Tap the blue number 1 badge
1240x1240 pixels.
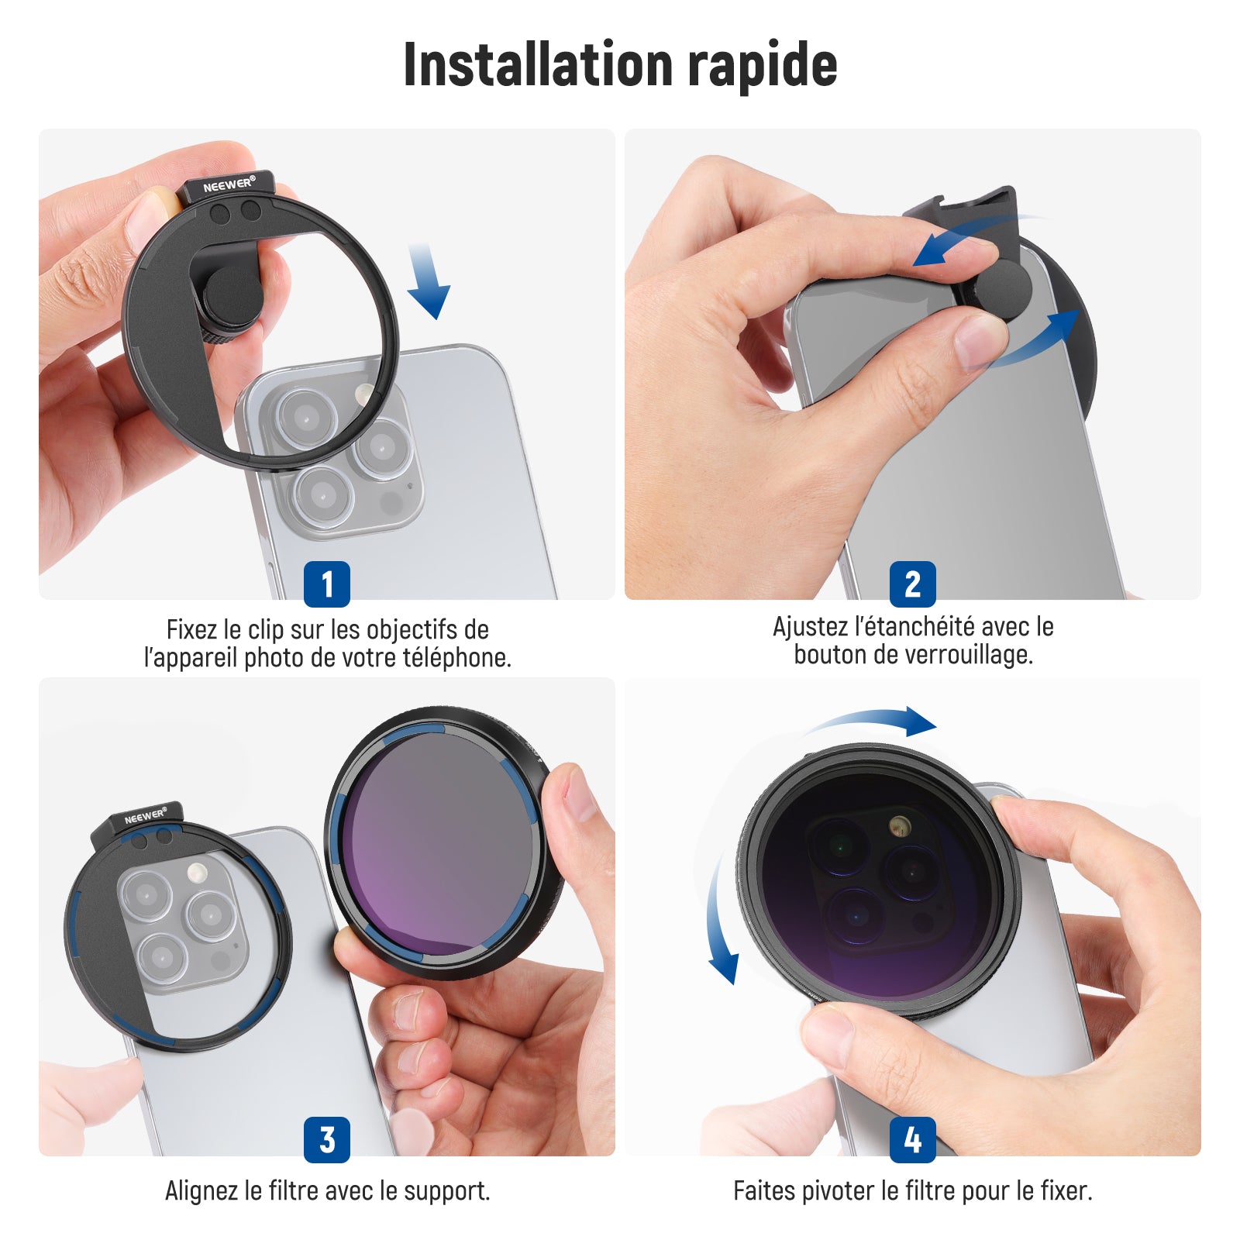[327, 584]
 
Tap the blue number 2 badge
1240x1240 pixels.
[913, 584]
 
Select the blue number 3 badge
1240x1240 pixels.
[327, 1139]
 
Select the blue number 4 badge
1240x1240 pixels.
[913, 1139]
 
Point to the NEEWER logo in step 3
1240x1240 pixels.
[145, 817]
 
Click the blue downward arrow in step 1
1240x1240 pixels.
[427, 281]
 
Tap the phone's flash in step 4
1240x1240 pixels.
[898, 825]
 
